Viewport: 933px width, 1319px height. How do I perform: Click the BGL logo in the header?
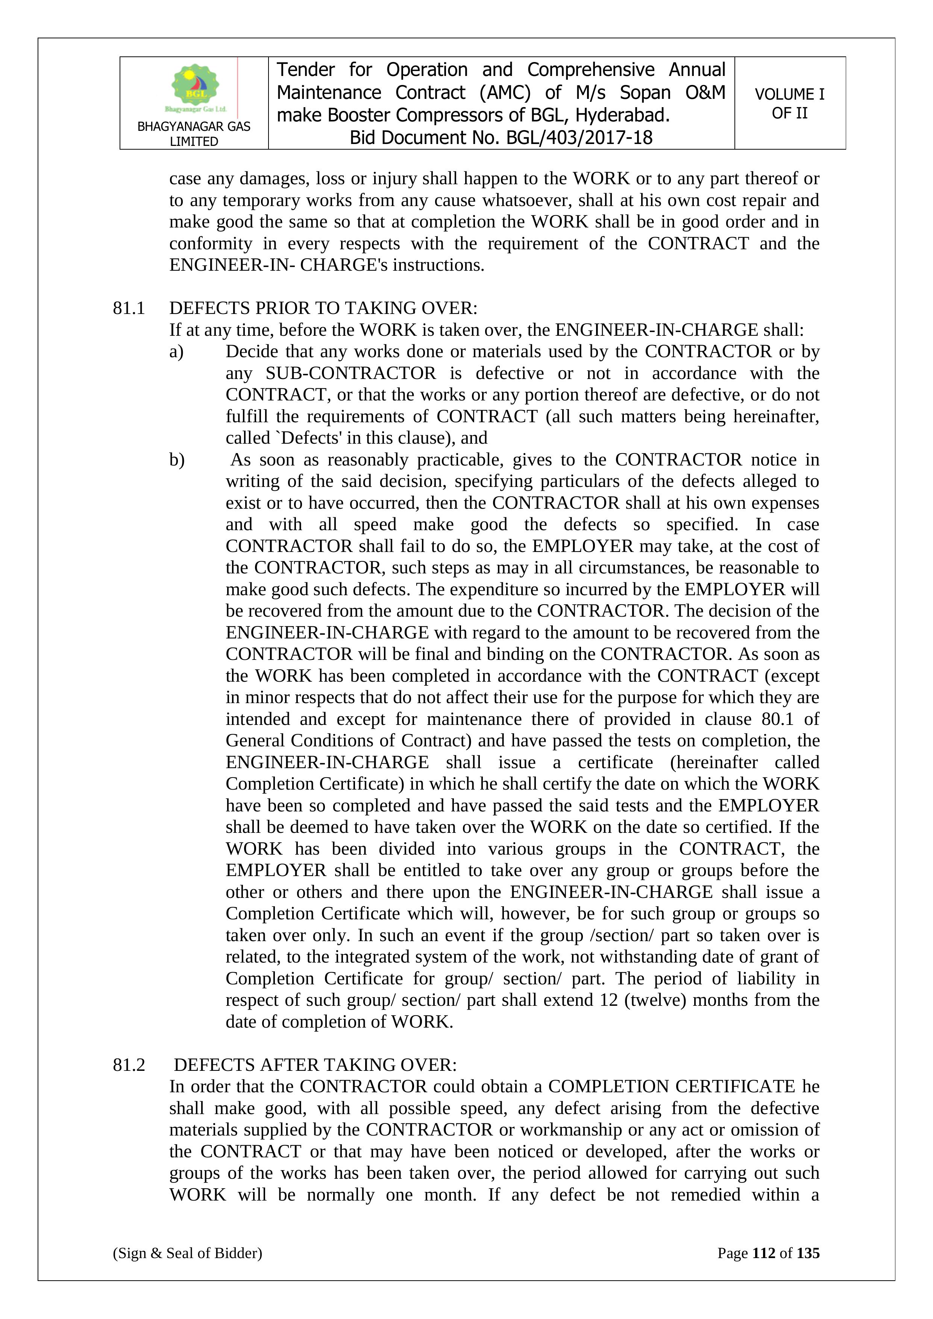tap(195, 87)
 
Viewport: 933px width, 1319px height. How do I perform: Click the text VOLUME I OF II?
tap(789, 103)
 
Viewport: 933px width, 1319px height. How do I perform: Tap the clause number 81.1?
tap(129, 308)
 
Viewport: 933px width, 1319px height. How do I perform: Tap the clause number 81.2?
tap(129, 1065)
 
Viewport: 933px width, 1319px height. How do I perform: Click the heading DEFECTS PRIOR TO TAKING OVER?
tap(323, 308)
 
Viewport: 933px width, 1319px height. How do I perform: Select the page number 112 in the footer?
tap(763, 1253)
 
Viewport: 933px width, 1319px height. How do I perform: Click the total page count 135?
tap(808, 1253)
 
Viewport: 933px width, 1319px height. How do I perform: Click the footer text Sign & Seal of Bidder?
tap(187, 1253)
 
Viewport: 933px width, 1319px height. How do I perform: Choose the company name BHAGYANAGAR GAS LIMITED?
tap(194, 134)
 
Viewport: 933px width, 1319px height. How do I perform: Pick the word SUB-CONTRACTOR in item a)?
tap(350, 373)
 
